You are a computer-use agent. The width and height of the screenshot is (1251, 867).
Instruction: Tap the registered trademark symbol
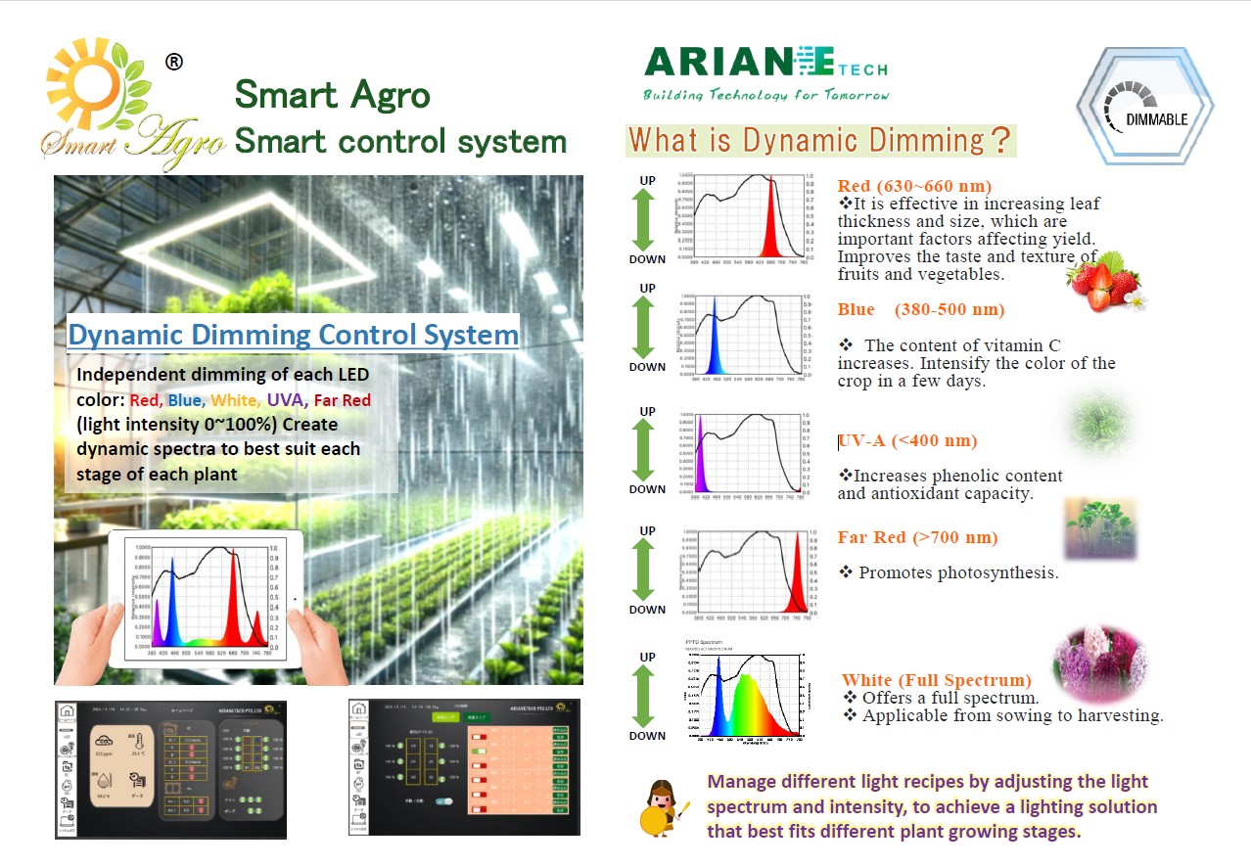pos(173,63)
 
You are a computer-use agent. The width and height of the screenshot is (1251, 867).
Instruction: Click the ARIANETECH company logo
pos(765,72)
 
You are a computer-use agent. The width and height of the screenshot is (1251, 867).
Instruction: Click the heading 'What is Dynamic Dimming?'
pos(820,140)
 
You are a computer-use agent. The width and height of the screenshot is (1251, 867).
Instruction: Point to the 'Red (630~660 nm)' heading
pos(914,186)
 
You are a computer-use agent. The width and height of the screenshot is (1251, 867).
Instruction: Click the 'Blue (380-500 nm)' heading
pos(921,309)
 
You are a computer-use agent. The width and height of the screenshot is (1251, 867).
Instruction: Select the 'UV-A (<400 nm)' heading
pos(907,440)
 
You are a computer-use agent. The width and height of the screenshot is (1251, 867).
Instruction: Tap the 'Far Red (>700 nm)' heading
pos(917,537)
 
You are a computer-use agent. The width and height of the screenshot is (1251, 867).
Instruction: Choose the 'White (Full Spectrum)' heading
pos(937,680)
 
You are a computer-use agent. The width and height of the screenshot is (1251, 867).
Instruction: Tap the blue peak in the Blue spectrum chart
pos(716,338)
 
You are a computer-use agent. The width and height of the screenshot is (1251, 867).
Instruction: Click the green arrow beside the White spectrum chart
pos(644,696)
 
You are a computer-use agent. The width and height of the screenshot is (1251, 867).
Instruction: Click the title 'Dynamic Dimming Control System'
pos(293,335)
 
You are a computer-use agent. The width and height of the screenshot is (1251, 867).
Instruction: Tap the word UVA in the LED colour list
pos(286,399)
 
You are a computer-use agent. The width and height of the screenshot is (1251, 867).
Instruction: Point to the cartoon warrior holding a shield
pos(667,806)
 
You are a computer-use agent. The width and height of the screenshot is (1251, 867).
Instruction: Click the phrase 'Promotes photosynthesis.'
pos(958,572)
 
